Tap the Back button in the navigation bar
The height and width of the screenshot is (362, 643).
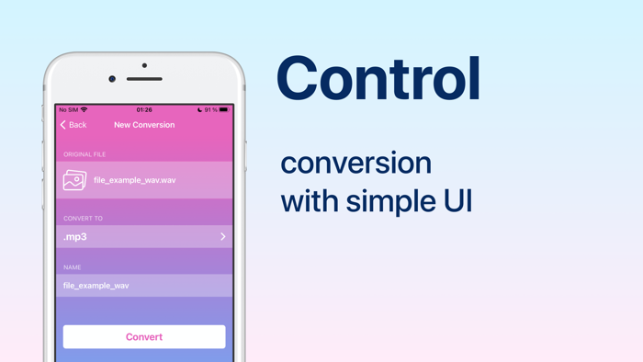(x=73, y=125)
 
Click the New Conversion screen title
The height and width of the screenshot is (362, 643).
(x=144, y=125)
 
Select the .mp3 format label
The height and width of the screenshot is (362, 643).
(x=75, y=237)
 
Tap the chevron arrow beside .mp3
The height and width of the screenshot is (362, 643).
(x=222, y=237)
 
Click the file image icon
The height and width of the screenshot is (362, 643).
(x=74, y=180)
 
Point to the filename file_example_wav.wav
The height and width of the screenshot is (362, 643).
(x=135, y=180)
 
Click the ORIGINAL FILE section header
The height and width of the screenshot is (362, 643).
(x=85, y=154)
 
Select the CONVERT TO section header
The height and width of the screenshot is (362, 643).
(x=83, y=219)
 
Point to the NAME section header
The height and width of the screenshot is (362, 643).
(x=73, y=267)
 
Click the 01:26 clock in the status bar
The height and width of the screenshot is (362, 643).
(x=144, y=110)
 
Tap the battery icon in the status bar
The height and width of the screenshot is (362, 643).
(x=223, y=110)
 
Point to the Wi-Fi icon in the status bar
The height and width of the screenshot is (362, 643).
(x=85, y=110)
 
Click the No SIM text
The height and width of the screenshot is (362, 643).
(x=69, y=110)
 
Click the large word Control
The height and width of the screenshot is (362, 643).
(x=378, y=79)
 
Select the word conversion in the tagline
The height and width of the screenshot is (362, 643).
(x=355, y=164)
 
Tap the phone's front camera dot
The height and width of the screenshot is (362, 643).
(x=112, y=79)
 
